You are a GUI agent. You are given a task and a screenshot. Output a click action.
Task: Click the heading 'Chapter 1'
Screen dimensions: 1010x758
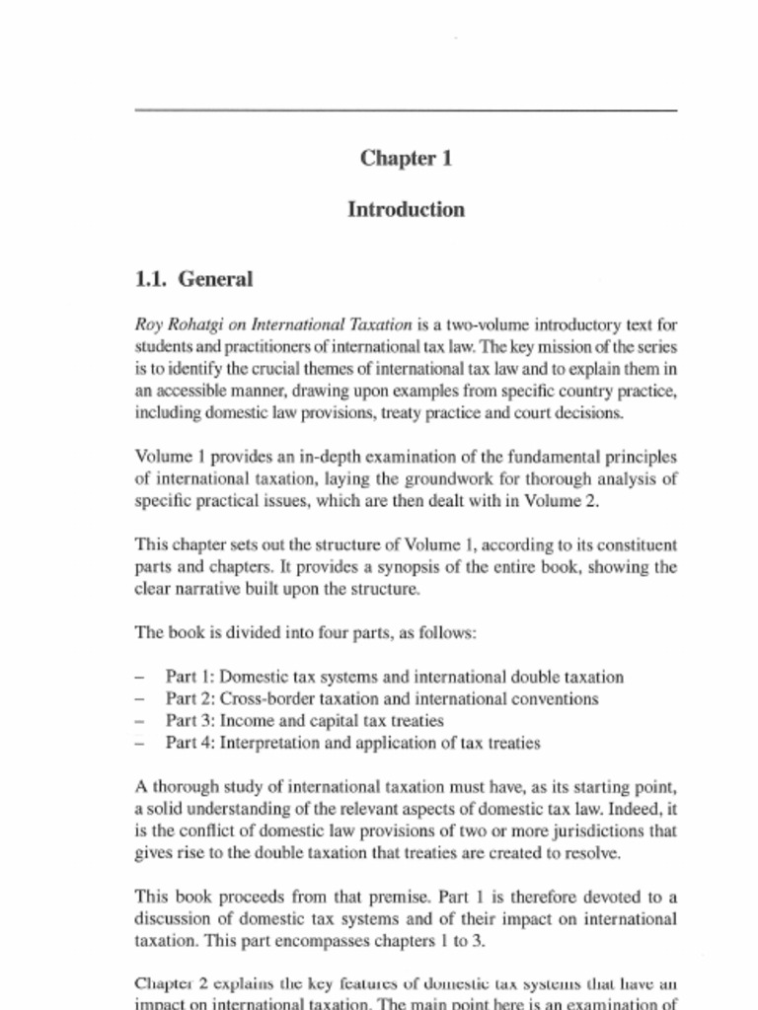click(x=406, y=159)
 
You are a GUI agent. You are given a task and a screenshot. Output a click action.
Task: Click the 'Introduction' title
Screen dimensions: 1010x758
click(x=406, y=210)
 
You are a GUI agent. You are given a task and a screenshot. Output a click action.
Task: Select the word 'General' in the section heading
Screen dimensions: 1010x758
click(x=215, y=280)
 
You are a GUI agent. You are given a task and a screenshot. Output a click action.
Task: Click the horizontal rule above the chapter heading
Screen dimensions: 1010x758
click(x=406, y=110)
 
